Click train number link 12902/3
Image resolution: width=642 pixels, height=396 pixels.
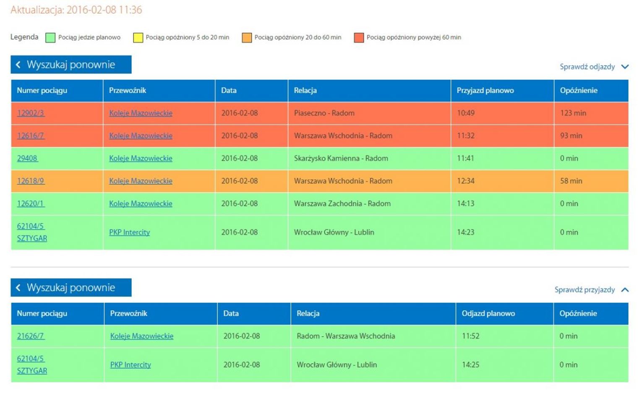click(31, 113)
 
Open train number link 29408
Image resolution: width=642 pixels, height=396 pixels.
click(27, 159)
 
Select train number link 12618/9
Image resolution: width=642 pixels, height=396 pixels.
click(31, 181)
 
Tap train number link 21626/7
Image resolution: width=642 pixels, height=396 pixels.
click(31, 336)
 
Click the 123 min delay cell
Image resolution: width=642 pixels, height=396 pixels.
click(573, 113)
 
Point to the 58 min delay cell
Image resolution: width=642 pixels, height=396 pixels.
click(571, 181)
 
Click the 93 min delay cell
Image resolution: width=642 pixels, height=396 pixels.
click(571, 136)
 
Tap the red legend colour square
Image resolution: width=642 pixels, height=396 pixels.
click(359, 38)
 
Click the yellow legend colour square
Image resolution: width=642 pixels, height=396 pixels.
click(138, 38)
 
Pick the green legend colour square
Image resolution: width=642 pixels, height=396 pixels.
click(50, 38)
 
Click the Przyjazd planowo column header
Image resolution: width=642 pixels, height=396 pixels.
click(485, 91)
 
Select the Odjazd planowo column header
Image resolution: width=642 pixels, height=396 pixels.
click(488, 313)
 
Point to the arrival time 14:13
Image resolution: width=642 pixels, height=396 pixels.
click(465, 204)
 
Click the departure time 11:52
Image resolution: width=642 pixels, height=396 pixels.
click(470, 336)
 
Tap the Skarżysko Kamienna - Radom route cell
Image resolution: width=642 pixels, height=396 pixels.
click(341, 159)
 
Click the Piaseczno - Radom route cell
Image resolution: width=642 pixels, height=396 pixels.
click(324, 113)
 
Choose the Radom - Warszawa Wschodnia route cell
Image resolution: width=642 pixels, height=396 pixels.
click(346, 336)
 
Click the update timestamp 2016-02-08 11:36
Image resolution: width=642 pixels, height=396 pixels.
click(104, 10)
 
